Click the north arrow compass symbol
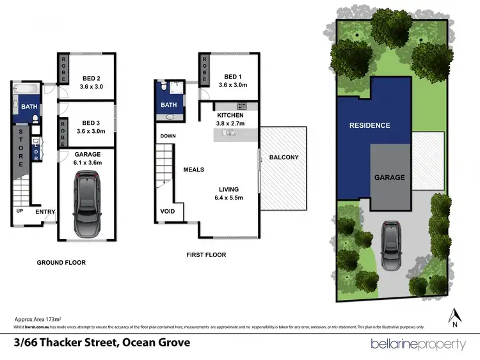coord(455,315)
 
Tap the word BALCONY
coord(284,157)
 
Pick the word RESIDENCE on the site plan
coord(369,125)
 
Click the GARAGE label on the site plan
coord(389,177)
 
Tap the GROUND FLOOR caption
coord(61,262)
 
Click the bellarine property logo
coord(418,344)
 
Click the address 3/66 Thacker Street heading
coord(102,343)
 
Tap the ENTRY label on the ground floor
coord(45,212)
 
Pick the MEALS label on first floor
coord(194,169)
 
